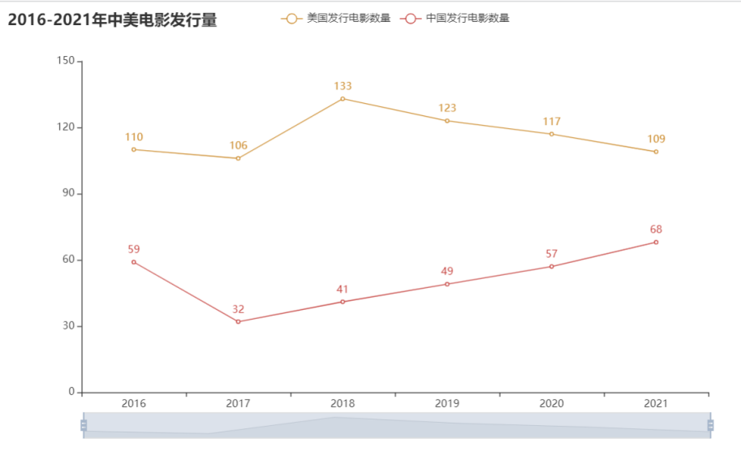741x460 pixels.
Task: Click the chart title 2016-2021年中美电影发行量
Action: [113, 19]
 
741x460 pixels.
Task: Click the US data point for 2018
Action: [342, 98]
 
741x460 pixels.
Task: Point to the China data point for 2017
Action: [238, 322]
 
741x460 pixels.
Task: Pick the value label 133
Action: [342, 86]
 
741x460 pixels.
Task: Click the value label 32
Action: [238, 309]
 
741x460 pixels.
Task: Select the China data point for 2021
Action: [656, 242]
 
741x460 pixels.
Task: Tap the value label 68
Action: [656, 230]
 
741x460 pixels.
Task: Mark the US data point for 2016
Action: [134, 149]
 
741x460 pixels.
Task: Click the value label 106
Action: [238, 146]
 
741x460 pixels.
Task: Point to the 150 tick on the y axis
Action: [67, 61]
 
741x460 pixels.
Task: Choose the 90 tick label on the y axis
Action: [67, 194]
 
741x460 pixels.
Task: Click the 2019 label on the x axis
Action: [447, 403]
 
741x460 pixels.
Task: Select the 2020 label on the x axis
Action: [552, 403]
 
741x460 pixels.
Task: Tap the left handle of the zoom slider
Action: [84, 425]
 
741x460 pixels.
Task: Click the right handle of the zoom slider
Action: [711, 425]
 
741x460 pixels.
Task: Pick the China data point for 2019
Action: [447, 284]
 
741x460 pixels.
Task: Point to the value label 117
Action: [552, 122]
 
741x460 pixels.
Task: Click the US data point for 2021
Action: [656, 152]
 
